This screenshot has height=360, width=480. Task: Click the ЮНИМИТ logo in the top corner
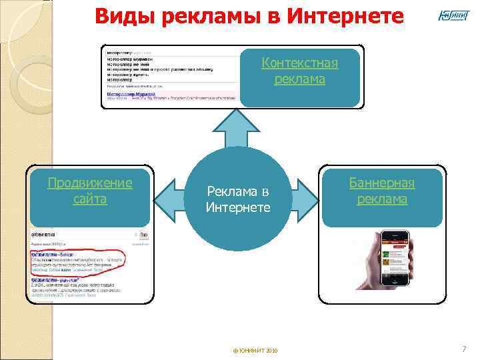tap(453, 15)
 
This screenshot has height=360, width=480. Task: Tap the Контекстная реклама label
tap(300, 71)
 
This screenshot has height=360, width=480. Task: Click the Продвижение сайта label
tap(90, 191)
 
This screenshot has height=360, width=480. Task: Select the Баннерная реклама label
tap(382, 191)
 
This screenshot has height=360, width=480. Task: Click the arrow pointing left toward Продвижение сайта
tap(170, 199)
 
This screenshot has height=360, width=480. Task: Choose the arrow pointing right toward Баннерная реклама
tap(306, 199)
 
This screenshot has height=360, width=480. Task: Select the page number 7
tap(464, 349)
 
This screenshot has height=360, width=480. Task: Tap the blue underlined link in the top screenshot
tap(127, 94)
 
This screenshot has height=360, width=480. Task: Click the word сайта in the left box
tap(90, 199)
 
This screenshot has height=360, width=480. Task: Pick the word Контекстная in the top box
tap(300, 63)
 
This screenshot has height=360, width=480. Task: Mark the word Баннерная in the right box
tap(382, 183)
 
